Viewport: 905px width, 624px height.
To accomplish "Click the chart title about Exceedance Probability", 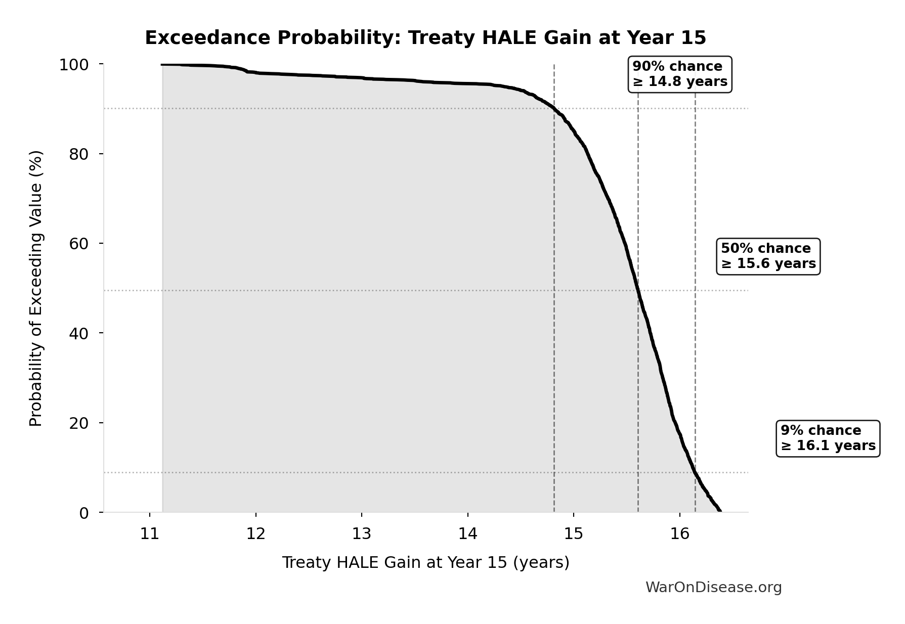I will point(425,38).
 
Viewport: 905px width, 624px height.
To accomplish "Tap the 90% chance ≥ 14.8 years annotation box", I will point(679,74).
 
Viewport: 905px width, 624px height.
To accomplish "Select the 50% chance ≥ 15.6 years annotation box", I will point(768,256).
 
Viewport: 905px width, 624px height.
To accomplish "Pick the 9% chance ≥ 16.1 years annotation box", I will point(828,438).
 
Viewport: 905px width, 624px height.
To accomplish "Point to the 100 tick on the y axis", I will point(74,65).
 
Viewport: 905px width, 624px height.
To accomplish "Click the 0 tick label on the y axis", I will point(83,513).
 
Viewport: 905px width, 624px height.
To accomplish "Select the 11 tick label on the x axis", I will point(150,534).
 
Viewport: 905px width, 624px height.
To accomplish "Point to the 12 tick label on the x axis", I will point(256,534).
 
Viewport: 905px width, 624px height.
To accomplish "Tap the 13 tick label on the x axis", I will point(362,534).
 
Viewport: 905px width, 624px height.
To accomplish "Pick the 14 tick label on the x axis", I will point(468,534).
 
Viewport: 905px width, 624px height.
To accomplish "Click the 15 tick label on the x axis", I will point(574,534).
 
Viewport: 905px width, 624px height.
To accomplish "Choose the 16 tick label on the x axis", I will point(680,534).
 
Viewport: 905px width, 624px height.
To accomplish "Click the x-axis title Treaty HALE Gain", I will point(425,562).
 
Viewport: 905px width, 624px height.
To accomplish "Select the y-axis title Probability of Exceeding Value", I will point(36,288).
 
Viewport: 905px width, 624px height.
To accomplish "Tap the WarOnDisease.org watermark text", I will point(713,587).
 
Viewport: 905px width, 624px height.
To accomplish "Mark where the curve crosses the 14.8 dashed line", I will point(554,109).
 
